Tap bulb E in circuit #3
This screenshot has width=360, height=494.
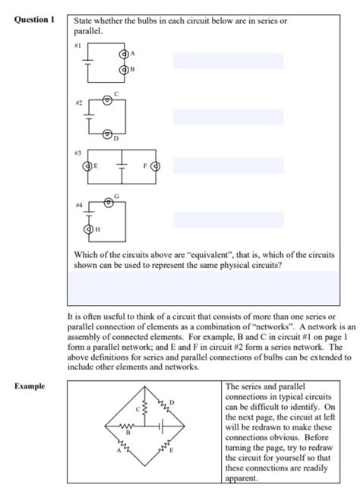coord(87,165)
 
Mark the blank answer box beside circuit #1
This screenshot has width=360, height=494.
coord(228,61)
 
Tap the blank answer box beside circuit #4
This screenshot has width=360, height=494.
coord(228,219)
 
